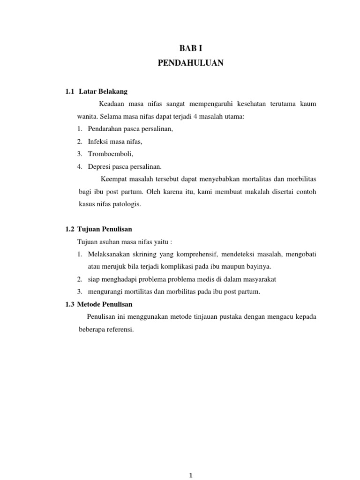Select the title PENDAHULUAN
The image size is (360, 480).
[x=191, y=63]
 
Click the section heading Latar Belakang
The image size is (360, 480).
[x=104, y=91]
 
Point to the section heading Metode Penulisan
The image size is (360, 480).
[x=105, y=304]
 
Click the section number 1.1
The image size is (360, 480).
[x=70, y=91]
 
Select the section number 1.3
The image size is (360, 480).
[x=70, y=304]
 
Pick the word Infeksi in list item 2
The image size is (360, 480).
[x=98, y=141]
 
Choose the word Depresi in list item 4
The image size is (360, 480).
[x=99, y=166]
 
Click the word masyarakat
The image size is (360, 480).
[x=260, y=279]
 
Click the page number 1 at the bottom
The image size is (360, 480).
[x=191, y=475]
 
